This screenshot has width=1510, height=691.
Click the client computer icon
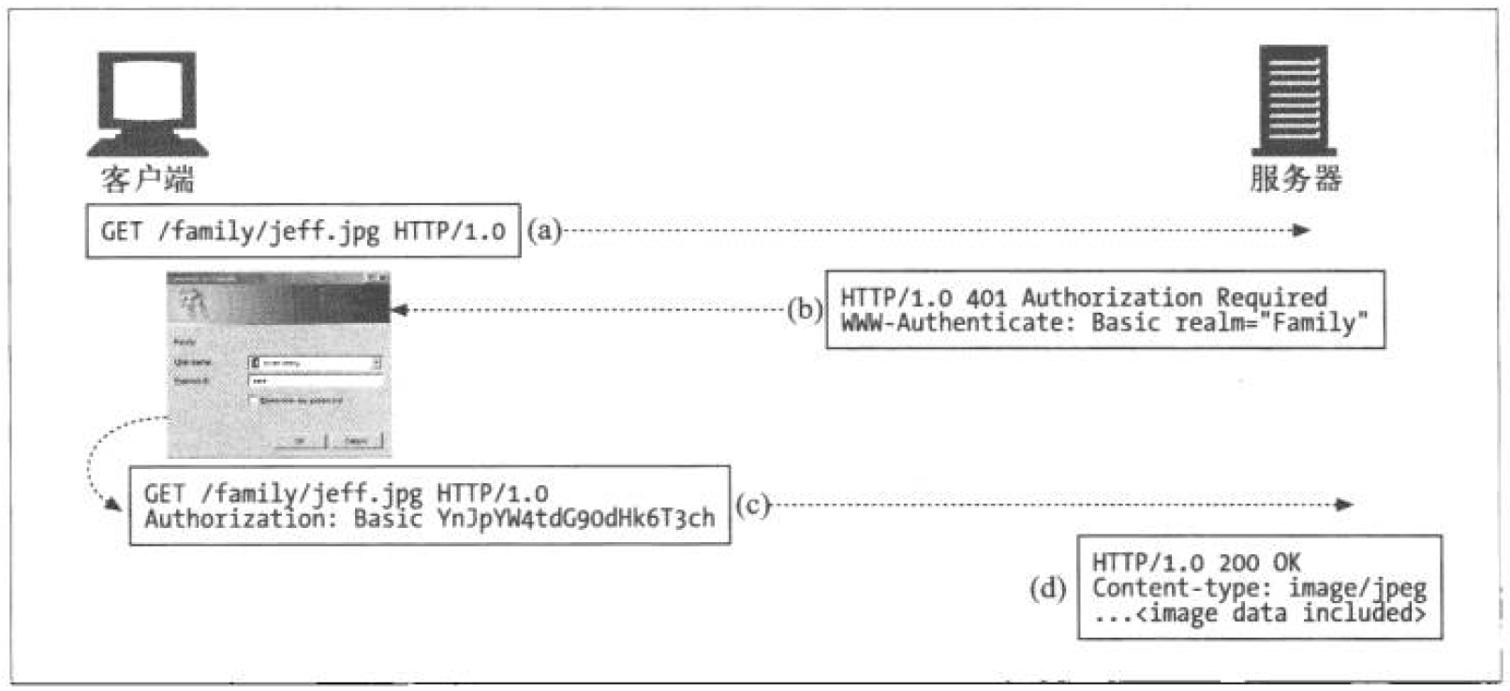[147, 103]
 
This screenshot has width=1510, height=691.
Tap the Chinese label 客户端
[147, 178]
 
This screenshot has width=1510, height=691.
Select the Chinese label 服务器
[1295, 178]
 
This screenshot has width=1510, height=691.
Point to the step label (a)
[543, 229]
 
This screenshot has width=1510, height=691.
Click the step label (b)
[804, 309]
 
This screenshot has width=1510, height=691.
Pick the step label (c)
[752, 505]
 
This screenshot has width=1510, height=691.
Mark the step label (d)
[1047, 588]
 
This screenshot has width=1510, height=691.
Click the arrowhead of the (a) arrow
[1301, 229]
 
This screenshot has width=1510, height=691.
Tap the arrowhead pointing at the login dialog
[399, 310]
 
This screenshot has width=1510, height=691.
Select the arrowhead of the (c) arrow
[1345, 505]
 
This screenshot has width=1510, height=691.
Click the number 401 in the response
[986, 298]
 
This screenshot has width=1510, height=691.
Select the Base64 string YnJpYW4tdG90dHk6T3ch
[575, 518]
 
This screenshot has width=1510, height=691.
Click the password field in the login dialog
[316, 381]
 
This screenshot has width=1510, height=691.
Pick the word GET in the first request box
[121, 230]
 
